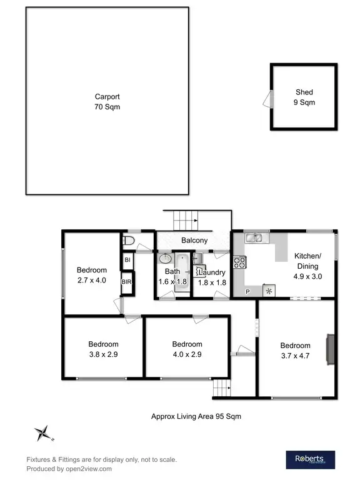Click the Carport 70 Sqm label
click(x=107, y=102)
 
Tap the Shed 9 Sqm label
click(x=304, y=97)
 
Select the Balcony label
click(x=194, y=241)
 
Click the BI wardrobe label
click(x=127, y=259)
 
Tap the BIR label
click(x=127, y=282)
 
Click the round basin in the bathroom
click(x=166, y=259)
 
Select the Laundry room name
click(x=212, y=272)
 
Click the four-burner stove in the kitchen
click(x=239, y=262)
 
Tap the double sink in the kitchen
click(x=256, y=237)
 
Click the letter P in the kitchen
click(x=247, y=292)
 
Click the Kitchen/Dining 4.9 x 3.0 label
click(x=307, y=266)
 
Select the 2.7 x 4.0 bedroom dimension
click(x=92, y=281)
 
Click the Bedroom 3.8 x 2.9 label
click(x=103, y=349)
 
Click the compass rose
click(x=43, y=432)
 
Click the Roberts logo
click(x=311, y=459)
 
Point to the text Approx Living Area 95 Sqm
click(x=196, y=416)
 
